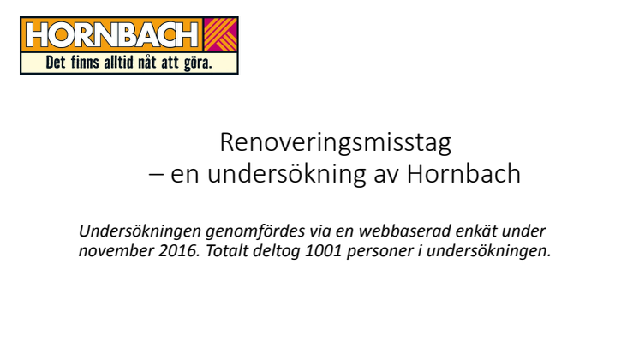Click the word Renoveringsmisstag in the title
336,143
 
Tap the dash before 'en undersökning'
157,174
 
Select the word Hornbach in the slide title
463,174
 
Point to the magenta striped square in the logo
220,34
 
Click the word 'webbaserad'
404,231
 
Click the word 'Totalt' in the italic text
227,251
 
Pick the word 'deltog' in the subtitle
277,251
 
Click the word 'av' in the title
387,176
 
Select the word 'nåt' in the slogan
146,63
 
